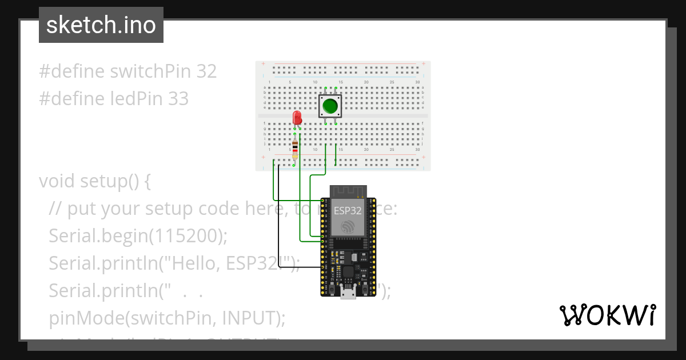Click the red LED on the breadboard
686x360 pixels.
tap(297, 118)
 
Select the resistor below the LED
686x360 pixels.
tap(295, 149)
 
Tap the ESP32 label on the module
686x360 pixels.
tap(348, 210)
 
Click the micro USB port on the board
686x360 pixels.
tap(348, 294)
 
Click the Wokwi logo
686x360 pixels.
tap(607, 315)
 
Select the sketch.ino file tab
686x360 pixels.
tap(101, 25)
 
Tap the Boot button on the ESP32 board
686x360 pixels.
tap(364, 289)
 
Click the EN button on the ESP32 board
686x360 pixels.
tap(331, 289)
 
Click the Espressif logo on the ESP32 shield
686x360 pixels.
tap(348, 227)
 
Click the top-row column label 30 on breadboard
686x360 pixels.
tap(417, 82)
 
